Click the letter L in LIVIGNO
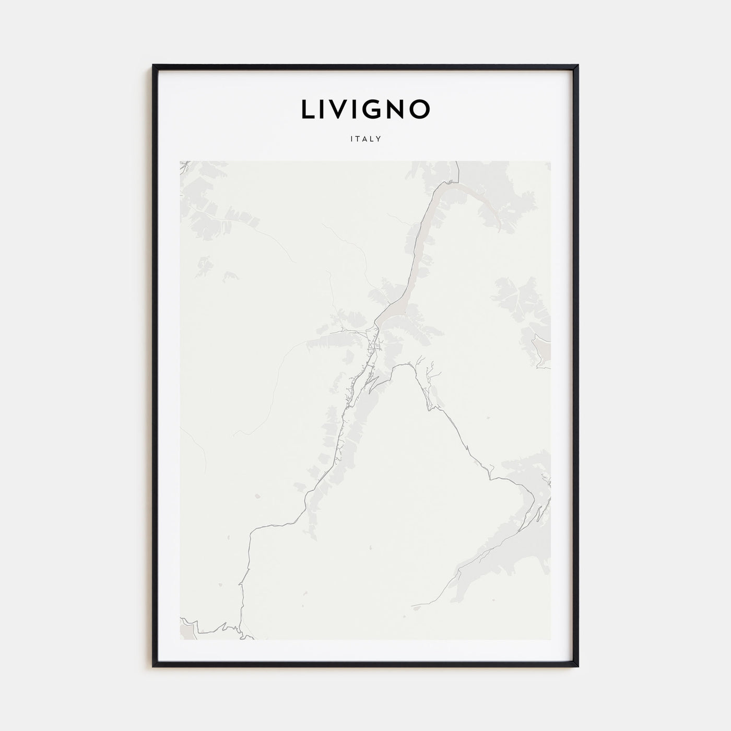click(308, 109)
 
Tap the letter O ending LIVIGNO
click(420, 109)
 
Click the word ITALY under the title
click(365, 139)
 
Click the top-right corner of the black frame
click(577, 66)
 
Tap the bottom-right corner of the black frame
click(577, 666)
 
